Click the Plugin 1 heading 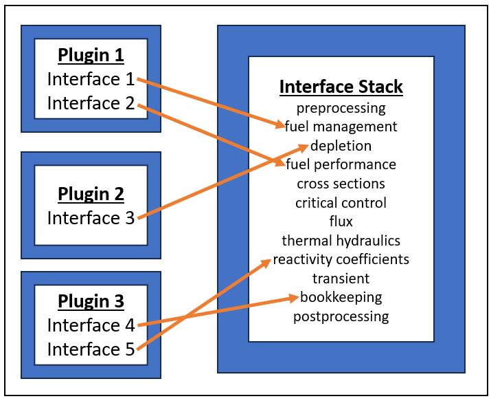91,55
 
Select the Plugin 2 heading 91,194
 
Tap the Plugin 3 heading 91,301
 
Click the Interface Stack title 341,87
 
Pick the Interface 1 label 91,79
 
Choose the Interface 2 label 91,103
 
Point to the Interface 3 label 91,218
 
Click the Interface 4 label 91,325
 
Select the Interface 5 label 91,349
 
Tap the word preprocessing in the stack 341,108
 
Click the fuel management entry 341,127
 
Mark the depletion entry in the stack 341,146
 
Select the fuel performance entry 341,165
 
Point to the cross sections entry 341,184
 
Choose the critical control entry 341,203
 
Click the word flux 341,221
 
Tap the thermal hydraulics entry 341,241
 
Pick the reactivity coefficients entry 341,259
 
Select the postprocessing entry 341,316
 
